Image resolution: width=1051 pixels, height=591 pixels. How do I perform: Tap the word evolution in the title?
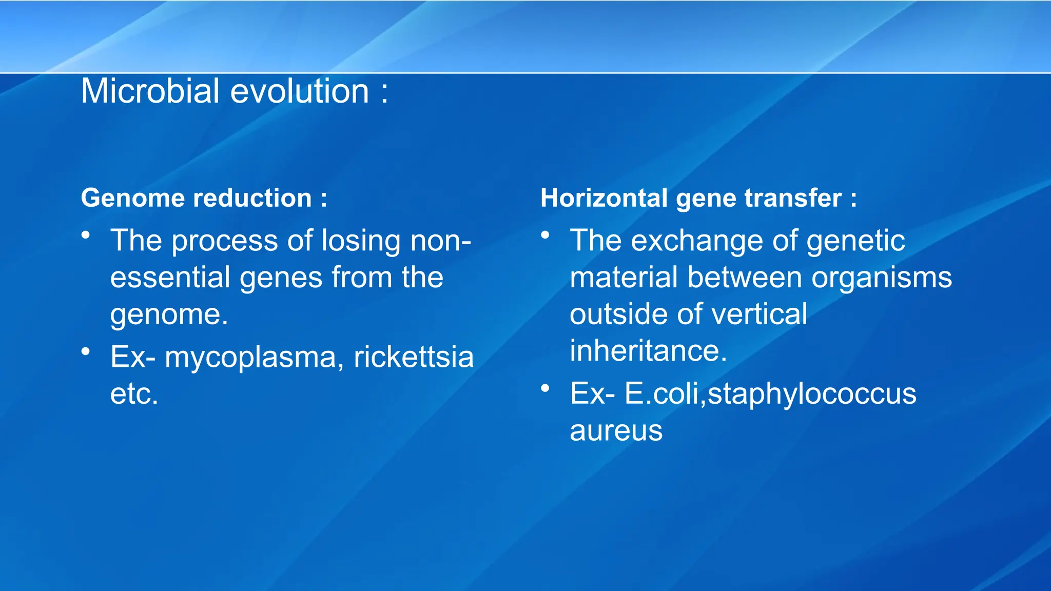300,91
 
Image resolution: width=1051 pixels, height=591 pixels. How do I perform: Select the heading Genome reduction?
204,198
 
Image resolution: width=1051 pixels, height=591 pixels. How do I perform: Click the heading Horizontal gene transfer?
698,198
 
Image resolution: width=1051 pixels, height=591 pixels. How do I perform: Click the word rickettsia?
414,357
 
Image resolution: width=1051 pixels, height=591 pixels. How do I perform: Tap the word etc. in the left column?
134,394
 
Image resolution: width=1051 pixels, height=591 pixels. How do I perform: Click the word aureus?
616,431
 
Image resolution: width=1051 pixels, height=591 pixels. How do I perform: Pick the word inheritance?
648,351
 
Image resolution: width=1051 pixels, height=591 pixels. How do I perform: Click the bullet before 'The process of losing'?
86,235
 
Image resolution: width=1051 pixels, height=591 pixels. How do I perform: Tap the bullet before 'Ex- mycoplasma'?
86,352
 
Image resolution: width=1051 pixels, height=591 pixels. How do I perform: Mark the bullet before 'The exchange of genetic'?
545,235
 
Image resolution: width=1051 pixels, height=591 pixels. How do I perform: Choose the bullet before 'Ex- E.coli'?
545,388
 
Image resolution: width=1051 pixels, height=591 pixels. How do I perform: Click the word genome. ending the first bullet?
169,314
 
